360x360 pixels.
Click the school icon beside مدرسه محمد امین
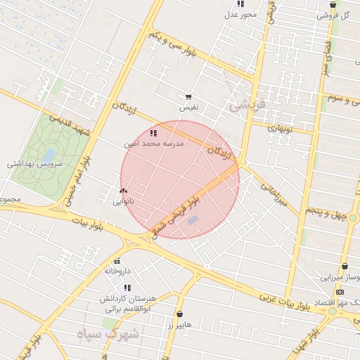coord(153,132)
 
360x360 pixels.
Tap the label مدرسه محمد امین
coord(153,143)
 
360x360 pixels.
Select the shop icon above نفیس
coord(188,97)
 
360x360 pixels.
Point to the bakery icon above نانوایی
coord(124,191)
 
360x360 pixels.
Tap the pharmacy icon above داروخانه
coord(117,261)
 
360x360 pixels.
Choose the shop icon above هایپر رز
coord(180,314)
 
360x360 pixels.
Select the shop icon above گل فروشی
coord(333,5)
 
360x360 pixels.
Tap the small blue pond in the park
coord(49,153)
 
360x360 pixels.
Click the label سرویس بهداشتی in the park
coord(35,164)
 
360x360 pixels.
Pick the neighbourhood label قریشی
coord(247,105)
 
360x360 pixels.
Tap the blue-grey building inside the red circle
coord(193,221)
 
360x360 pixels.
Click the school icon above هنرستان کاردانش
coord(127,288)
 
